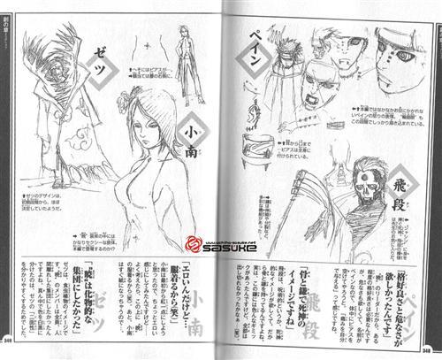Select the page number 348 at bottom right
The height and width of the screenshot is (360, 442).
432,348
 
